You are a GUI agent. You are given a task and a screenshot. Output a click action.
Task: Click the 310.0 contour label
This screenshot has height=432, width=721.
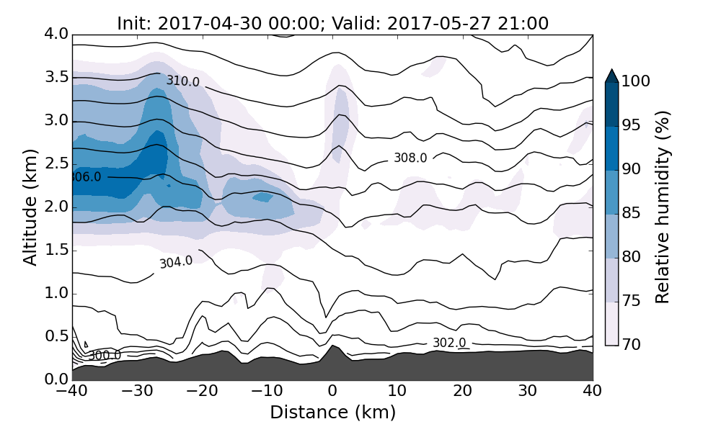(x=183, y=81)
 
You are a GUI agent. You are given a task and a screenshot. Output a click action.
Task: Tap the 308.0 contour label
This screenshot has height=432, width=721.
(x=410, y=158)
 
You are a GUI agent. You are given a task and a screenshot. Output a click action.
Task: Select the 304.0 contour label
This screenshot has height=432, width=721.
(x=176, y=262)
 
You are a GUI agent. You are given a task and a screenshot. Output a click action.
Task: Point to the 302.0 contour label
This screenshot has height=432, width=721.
(x=449, y=343)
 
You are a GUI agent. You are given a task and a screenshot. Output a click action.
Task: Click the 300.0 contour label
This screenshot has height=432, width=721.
(x=105, y=355)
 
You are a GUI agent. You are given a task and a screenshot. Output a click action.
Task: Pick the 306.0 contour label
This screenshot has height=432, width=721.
(x=86, y=176)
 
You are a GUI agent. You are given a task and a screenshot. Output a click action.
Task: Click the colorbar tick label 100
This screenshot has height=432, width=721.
(x=636, y=82)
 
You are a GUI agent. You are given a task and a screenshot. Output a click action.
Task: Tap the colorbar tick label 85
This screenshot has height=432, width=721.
(x=632, y=214)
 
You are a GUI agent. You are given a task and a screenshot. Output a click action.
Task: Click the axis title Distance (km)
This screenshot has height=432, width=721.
(x=332, y=413)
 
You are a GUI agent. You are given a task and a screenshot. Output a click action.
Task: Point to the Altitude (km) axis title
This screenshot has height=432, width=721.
(x=30, y=207)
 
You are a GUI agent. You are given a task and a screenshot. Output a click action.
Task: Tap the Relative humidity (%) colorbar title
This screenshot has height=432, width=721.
(x=663, y=207)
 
